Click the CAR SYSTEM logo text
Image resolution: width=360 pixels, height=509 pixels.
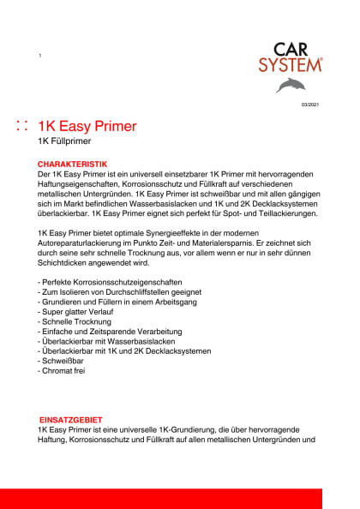pyautogui.click(x=291, y=58)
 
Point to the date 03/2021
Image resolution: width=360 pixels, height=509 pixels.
pyautogui.click(x=310, y=104)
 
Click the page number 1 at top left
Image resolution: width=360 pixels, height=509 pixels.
pyautogui.click(x=40, y=56)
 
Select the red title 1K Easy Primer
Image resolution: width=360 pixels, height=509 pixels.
pyautogui.click(x=87, y=127)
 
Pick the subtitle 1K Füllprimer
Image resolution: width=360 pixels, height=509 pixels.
pyautogui.click(x=64, y=141)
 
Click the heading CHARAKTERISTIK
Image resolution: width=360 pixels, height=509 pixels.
pyautogui.click(x=73, y=163)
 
